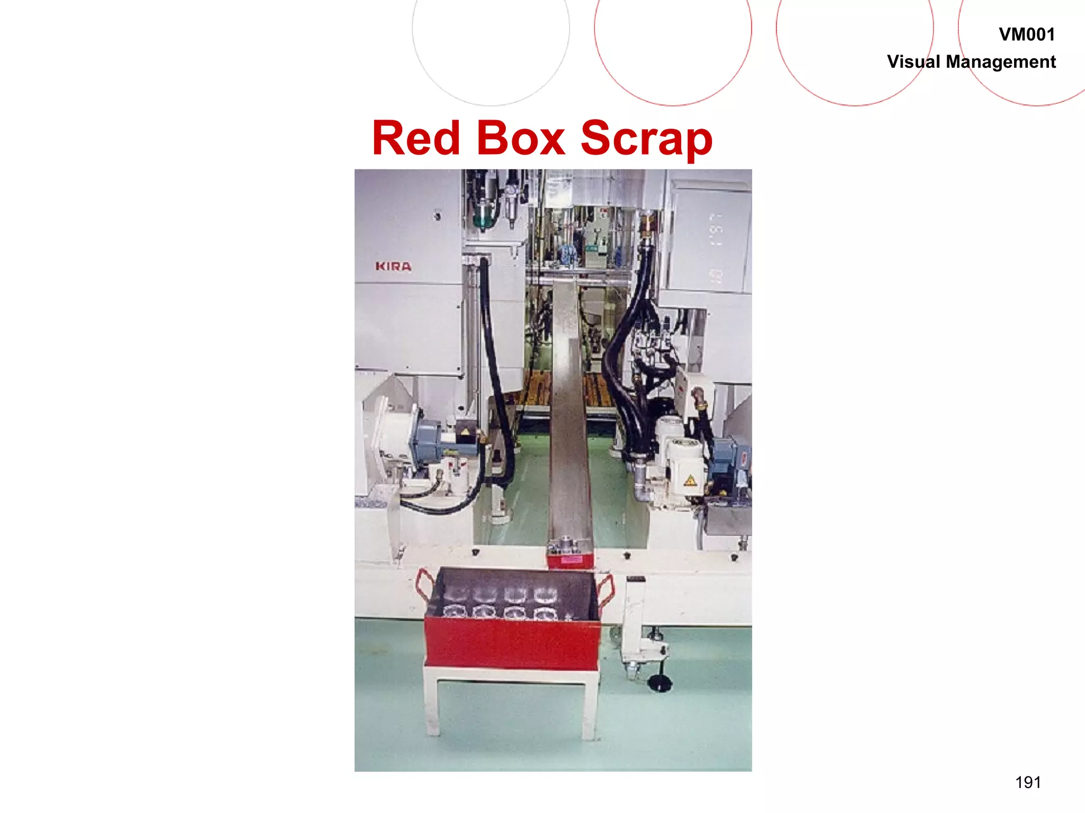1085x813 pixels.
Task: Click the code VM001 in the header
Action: pos(1026,35)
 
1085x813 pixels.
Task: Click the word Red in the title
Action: pos(416,138)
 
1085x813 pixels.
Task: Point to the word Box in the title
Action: pos(521,138)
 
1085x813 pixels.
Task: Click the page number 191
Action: pos(1028,782)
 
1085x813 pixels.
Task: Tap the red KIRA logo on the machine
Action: pos(393,266)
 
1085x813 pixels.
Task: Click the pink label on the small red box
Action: pos(570,559)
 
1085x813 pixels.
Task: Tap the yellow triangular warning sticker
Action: pos(689,481)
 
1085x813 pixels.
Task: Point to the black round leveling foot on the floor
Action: pos(660,683)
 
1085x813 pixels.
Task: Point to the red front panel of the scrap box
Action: pos(511,643)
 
